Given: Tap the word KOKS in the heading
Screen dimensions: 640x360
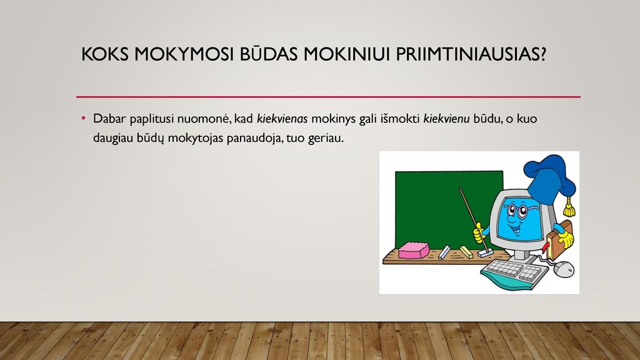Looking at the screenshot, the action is tap(104, 54).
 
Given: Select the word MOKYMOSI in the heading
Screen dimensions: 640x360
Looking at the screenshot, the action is tap(184, 54).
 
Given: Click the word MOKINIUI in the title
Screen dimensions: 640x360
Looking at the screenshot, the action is tap(347, 54).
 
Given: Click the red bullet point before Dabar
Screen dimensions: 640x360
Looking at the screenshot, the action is tap(84, 118).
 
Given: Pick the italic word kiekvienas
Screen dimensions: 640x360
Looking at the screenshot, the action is tap(282, 119).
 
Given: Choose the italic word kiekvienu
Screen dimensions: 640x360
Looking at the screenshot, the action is tap(446, 119).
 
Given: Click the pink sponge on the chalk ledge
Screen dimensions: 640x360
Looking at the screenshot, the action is tap(414, 250).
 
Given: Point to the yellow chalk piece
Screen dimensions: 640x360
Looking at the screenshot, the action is tap(466, 252).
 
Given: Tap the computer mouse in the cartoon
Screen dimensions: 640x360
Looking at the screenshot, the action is tap(565, 269).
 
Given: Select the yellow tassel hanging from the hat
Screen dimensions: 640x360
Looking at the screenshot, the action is tap(569, 207).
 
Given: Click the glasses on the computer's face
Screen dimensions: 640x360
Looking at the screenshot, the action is tap(516, 211).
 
